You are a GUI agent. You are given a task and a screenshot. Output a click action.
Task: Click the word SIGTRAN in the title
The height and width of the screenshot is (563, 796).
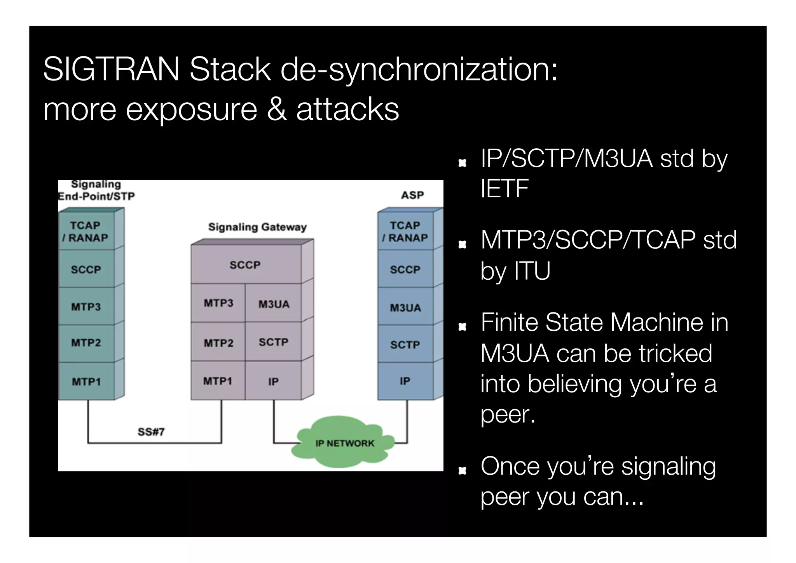[x=111, y=69]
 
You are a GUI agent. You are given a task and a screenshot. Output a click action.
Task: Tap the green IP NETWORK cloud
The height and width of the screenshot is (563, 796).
[x=344, y=442]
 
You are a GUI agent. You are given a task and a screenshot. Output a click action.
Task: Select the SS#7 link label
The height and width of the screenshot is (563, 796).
[x=151, y=431]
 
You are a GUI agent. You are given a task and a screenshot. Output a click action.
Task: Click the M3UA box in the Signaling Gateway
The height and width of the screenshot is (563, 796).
[x=274, y=304]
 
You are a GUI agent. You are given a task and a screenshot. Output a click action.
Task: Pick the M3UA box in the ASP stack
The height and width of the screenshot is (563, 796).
[x=405, y=307]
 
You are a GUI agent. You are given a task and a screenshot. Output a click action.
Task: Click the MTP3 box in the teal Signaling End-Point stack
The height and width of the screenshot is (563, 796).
[x=86, y=307]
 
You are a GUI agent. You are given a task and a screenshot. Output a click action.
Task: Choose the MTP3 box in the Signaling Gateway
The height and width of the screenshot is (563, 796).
[x=218, y=303]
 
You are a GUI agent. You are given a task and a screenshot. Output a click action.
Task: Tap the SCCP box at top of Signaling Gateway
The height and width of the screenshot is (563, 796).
[x=245, y=265]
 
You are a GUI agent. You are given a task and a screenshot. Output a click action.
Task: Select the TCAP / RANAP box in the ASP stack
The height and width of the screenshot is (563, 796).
[x=405, y=232]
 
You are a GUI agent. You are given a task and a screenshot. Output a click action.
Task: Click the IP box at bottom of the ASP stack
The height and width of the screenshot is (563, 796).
[x=405, y=381]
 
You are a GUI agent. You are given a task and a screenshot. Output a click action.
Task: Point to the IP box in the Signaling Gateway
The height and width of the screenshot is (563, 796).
[x=273, y=381]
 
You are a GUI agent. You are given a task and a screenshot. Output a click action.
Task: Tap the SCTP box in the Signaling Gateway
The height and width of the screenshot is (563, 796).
[x=273, y=342]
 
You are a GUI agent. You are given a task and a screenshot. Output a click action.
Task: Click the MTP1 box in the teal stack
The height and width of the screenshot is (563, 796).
[x=86, y=381]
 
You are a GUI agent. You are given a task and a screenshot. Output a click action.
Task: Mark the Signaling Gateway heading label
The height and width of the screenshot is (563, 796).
[x=257, y=227]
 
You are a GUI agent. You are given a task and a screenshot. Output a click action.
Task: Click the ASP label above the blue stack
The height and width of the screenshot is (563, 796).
[x=412, y=195]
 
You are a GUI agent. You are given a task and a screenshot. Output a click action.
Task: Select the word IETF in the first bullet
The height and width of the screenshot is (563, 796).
[x=504, y=189]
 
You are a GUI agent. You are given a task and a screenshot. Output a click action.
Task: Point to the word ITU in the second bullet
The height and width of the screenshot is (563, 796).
[x=532, y=270]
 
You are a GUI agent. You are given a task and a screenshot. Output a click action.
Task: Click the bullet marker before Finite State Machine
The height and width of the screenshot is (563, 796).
[x=462, y=326]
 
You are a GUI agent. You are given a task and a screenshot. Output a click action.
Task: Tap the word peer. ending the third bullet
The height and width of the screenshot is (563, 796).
[x=508, y=414]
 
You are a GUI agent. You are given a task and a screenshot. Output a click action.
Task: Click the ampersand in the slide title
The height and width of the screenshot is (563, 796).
[x=277, y=109]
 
